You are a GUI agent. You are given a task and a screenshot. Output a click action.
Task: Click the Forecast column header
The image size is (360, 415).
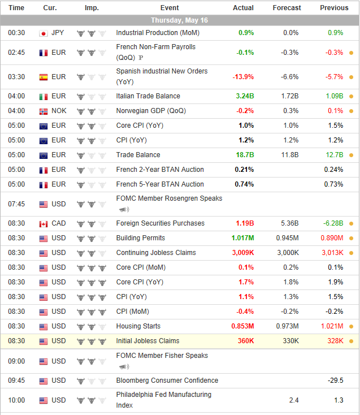[287, 8]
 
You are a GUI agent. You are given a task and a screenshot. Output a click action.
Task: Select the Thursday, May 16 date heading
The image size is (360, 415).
[180, 20]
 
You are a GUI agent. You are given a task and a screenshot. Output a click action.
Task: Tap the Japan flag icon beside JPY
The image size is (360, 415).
[43, 33]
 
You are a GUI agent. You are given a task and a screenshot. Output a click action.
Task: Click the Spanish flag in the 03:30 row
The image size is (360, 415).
[43, 77]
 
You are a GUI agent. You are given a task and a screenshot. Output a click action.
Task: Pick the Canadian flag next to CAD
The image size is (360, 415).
[43, 223]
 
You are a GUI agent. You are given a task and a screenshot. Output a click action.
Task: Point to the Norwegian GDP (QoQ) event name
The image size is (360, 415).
[151, 111]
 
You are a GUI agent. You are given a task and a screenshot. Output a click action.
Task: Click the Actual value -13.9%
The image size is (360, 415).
[243, 77]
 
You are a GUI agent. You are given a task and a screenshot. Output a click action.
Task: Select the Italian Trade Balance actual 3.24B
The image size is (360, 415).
[245, 96]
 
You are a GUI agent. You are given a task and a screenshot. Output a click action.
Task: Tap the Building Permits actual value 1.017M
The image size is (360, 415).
[242, 238]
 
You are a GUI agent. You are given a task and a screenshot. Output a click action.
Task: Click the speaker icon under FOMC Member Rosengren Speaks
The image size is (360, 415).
[123, 210]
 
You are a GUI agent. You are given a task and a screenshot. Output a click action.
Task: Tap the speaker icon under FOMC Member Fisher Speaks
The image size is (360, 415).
[123, 367]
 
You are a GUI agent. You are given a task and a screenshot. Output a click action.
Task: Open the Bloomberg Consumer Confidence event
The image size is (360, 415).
[167, 381]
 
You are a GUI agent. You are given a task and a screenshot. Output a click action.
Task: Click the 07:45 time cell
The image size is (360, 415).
[16, 204]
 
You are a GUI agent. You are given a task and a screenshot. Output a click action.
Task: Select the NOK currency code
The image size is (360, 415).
[59, 111]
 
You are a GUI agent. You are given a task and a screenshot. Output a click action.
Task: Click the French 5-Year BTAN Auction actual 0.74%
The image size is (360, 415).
[244, 184]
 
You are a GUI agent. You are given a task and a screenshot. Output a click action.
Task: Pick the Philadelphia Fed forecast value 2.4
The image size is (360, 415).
[293, 400]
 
